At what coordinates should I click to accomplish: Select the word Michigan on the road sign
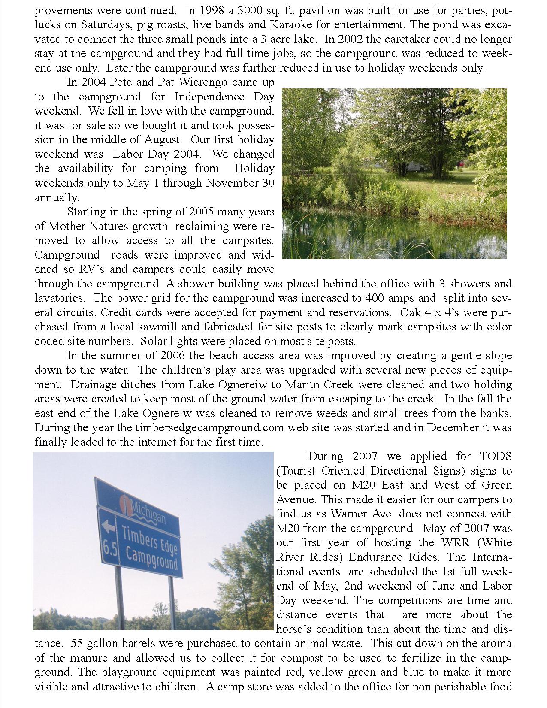tap(148, 509)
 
